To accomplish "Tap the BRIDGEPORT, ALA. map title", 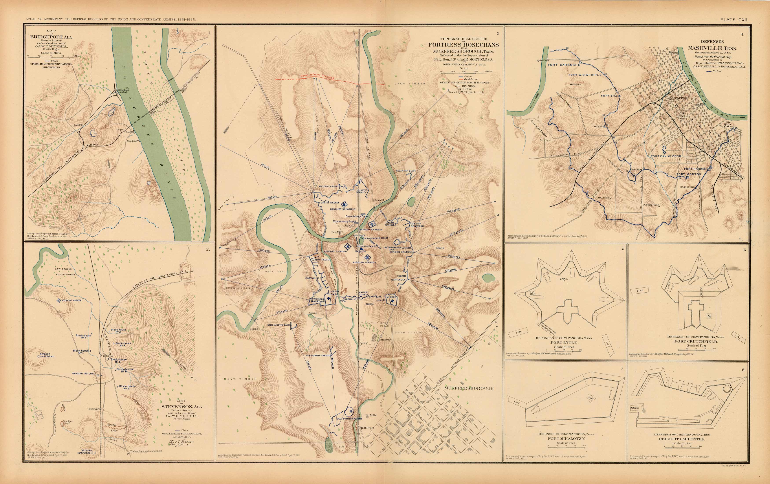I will pos(51,37).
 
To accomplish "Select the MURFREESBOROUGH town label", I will pos(469,389).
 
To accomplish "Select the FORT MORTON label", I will pos(689,174).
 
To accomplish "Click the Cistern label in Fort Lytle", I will pos(563,279).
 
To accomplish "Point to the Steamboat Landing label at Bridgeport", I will pos(123,91).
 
